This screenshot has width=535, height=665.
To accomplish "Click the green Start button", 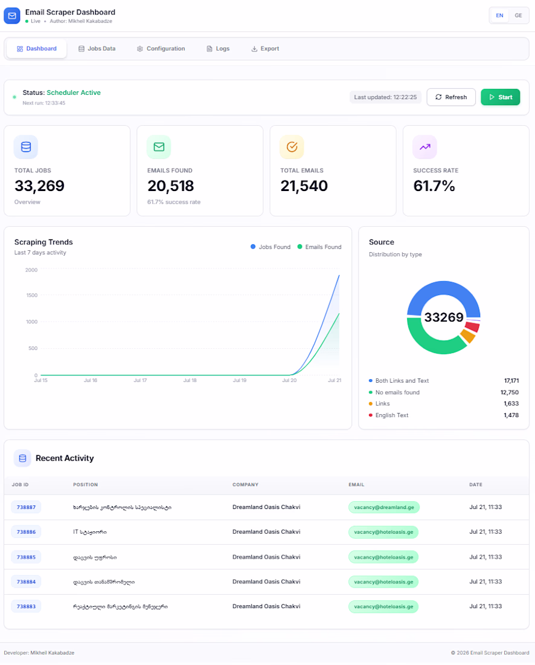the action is pyautogui.click(x=500, y=97).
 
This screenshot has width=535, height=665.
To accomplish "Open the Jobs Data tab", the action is pyautogui.click(x=97, y=49).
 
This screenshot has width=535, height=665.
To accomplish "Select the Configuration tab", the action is pyautogui.click(x=161, y=49).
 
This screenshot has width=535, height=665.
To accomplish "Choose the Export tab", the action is pyautogui.click(x=265, y=49).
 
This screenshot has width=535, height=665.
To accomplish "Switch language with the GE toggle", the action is pyautogui.click(x=518, y=16).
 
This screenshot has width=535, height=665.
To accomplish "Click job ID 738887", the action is pyautogui.click(x=26, y=507).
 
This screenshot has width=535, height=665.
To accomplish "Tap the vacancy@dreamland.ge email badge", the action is pyautogui.click(x=384, y=507).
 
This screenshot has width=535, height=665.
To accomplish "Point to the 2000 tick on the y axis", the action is pyautogui.click(x=31, y=270).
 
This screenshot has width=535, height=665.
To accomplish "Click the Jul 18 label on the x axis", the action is pyautogui.click(x=190, y=380).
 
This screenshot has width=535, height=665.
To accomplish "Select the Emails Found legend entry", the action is pyautogui.click(x=319, y=247).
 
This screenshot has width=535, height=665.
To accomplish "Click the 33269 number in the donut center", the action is pyautogui.click(x=443, y=317).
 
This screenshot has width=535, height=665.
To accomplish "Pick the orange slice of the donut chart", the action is pyautogui.click(x=467, y=336).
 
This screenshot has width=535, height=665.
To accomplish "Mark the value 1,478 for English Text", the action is pyautogui.click(x=511, y=415).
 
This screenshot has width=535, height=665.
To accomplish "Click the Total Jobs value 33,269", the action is pyautogui.click(x=39, y=186).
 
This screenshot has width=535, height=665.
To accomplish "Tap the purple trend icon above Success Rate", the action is pyautogui.click(x=425, y=147).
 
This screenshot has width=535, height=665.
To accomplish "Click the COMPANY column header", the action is pyautogui.click(x=245, y=485).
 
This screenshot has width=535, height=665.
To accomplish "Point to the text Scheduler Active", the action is pyautogui.click(x=74, y=93).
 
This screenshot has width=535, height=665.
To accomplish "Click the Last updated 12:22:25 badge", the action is pyautogui.click(x=385, y=97).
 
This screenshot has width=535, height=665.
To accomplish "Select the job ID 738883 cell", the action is pyautogui.click(x=26, y=606).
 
